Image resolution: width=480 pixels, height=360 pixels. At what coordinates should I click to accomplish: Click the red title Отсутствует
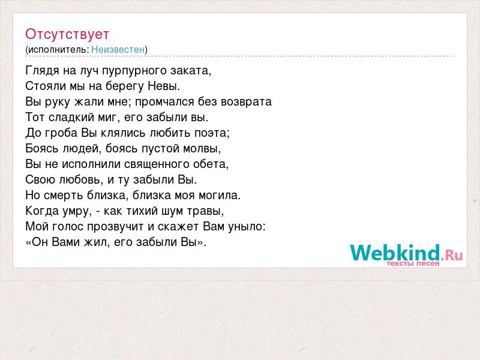pyautogui.click(x=67, y=34)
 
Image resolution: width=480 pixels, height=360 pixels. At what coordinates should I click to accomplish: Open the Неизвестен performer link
pyautogui.click(x=118, y=49)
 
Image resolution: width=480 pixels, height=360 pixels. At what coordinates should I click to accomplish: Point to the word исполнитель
pyautogui.click(x=58, y=49)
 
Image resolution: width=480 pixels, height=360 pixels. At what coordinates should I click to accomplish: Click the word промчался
pyautogui.click(x=164, y=102)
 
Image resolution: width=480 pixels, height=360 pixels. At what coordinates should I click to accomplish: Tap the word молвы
pyautogui.click(x=202, y=148)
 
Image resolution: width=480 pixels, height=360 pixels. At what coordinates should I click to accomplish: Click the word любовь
pyautogui.click(x=81, y=179)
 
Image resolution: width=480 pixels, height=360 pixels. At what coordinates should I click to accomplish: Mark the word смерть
pyautogui.click(x=64, y=196)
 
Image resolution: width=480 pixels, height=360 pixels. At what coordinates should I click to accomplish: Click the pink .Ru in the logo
pyautogui.click(x=452, y=254)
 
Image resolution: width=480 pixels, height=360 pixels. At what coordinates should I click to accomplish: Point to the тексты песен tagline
pyautogui.click(x=413, y=263)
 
